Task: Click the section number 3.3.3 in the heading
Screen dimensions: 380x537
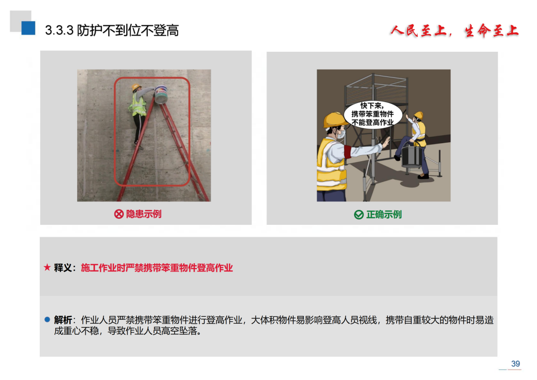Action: [59, 30]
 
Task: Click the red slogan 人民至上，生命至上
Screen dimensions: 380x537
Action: [454, 31]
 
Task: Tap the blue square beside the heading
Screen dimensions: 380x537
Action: [28, 28]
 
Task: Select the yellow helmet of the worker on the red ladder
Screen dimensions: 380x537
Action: [136, 88]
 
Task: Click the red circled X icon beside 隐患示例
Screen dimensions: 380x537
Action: [119, 214]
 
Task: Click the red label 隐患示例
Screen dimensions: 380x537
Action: [144, 214]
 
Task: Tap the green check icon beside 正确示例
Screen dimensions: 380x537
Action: [358, 215]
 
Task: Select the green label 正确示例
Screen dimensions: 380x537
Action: [384, 215]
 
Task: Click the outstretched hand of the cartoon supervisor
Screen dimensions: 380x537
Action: [385, 142]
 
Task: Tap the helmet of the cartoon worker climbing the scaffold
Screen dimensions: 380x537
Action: [418, 115]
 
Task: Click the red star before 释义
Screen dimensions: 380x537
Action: [47, 268]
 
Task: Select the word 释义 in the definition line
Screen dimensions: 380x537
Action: [63, 268]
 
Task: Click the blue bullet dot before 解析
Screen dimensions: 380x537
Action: [47, 320]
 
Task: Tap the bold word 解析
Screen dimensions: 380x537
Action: [63, 320]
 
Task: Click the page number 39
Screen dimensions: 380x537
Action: [515, 364]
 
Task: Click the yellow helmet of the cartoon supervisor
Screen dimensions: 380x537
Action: [333, 120]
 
